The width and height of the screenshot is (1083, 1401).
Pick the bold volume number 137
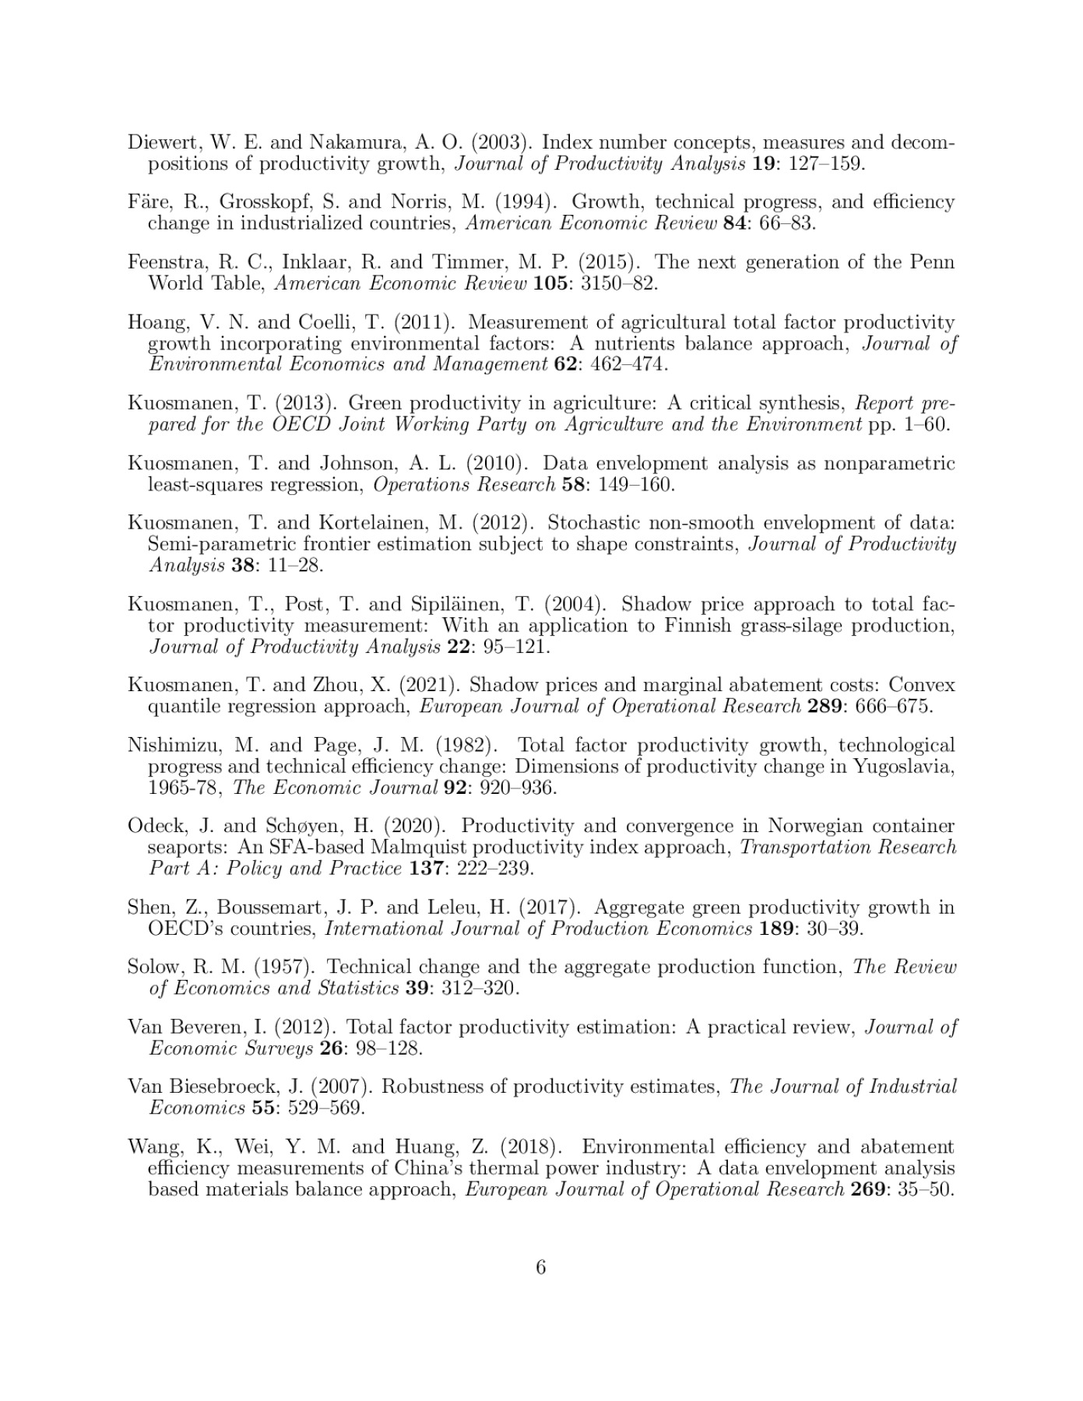426,868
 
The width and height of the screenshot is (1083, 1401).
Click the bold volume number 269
867,1189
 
